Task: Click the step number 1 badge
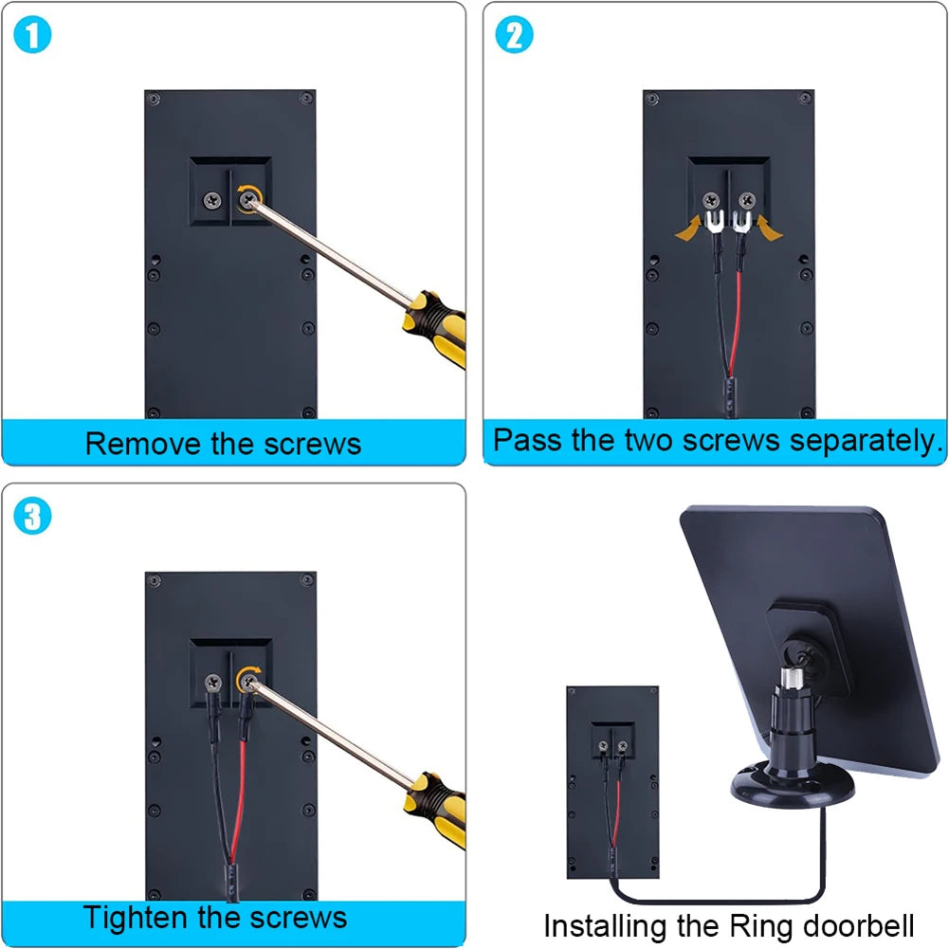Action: (x=33, y=35)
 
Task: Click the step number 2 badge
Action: (x=515, y=35)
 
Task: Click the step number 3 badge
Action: (x=33, y=517)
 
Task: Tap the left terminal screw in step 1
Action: (x=211, y=199)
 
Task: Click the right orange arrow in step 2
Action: (x=768, y=228)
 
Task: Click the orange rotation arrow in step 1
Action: (x=248, y=198)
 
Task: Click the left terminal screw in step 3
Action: (x=212, y=680)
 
